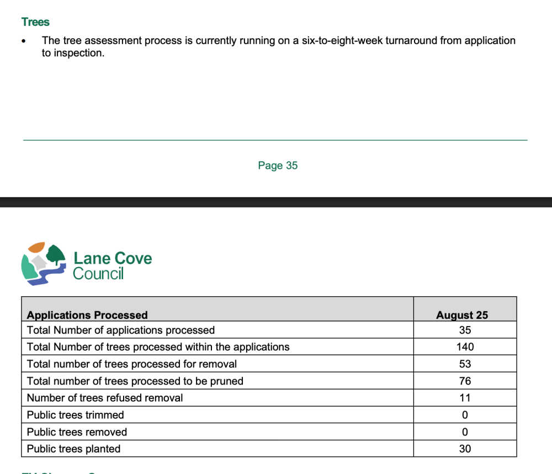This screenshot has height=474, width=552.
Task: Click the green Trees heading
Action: [x=35, y=22]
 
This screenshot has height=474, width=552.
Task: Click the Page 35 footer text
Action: [x=278, y=166]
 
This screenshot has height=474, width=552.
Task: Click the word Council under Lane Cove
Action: [x=98, y=273]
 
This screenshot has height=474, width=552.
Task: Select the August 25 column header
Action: [x=462, y=315]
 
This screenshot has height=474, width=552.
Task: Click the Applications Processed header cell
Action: [x=87, y=315]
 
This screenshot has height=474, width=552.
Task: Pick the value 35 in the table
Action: [x=465, y=330]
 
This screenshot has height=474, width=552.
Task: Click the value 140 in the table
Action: [x=465, y=347]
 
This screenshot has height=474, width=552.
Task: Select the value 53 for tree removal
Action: [x=465, y=364]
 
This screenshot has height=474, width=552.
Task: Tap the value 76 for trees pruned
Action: [x=465, y=381]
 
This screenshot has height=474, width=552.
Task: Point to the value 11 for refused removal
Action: [x=465, y=398]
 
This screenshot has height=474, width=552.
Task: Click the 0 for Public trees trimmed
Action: [x=465, y=415]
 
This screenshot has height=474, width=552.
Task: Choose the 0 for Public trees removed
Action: [x=465, y=432]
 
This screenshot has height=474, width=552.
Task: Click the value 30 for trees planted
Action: [x=465, y=449]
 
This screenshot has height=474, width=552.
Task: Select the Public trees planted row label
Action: [x=73, y=449]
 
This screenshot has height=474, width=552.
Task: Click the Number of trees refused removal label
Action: [x=105, y=398]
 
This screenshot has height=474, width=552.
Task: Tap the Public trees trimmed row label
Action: [x=75, y=415]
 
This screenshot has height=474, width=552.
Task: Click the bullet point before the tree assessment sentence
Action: [x=24, y=41]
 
